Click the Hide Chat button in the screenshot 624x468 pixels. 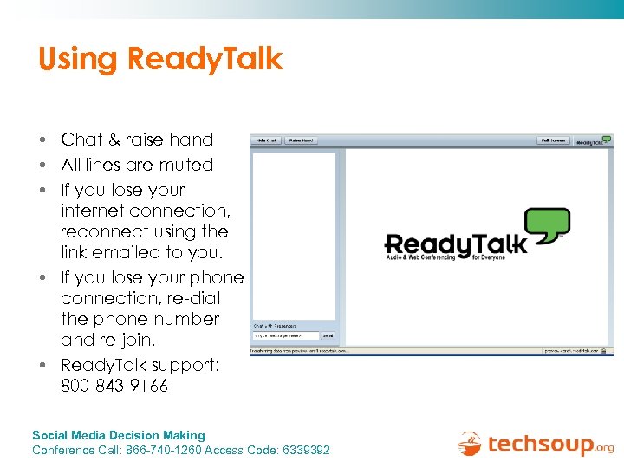pyautogui.click(x=265, y=140)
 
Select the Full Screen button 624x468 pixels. pyautogui.click(x=552, y=140)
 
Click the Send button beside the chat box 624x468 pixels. pyautogui.click(x=328, y=335)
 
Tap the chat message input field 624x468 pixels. pyautogui.click(x=285, y=335)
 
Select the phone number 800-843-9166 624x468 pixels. pyautogui.click(x=114, y=386)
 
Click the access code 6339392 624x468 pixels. pyautogui.click(x=305, y=450)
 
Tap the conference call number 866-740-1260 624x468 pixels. pyautogui.click(x=168, y=450)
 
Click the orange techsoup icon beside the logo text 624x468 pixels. pyautogui.click(x=470, y=444)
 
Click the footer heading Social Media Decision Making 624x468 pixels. pyautogui.click(x=119, y=435)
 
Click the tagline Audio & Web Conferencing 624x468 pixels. pyautogui.click(x=426, y=257)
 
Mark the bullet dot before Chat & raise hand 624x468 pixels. pyautogui.click(x=42, y=140)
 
